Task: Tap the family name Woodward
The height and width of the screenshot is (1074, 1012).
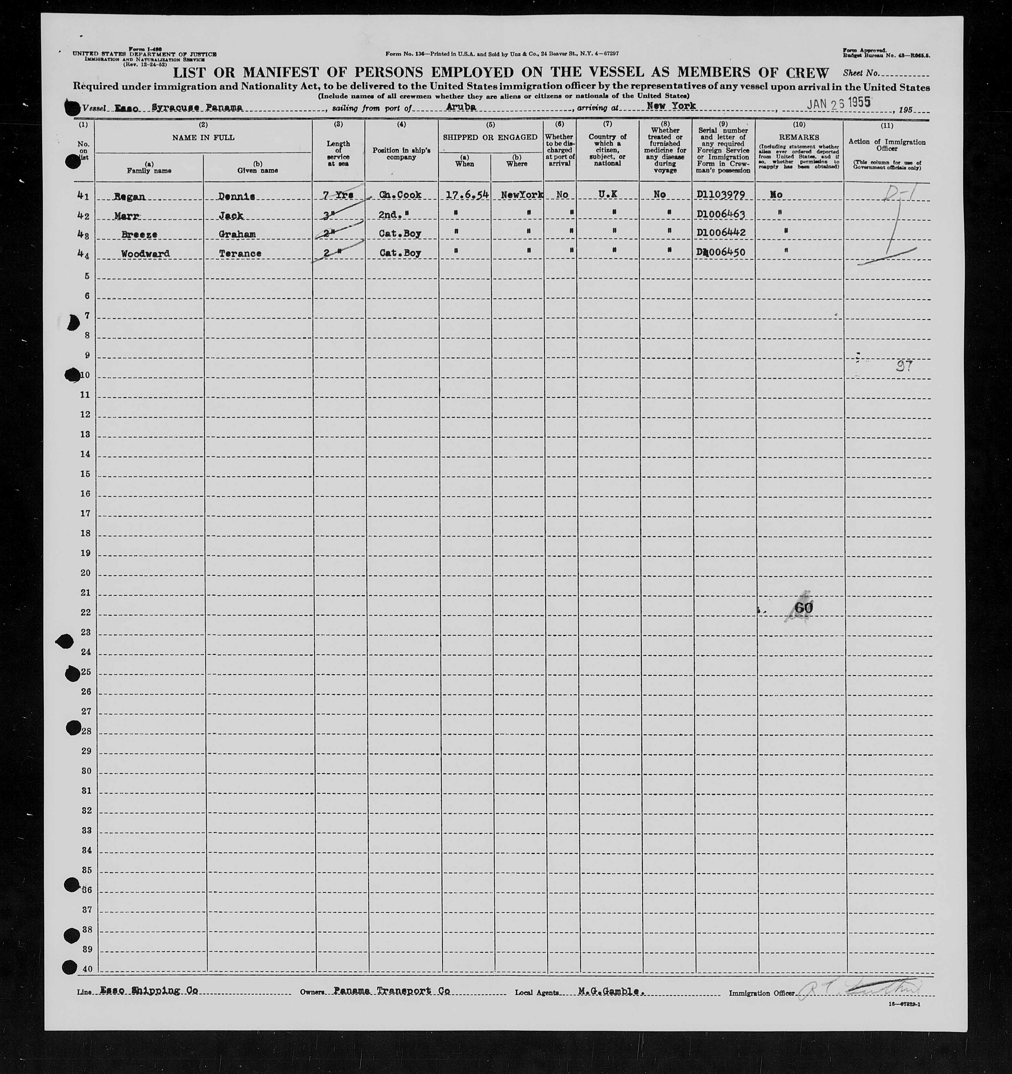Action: pos(145,253)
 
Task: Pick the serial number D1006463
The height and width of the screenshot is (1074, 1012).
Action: pos(721,214)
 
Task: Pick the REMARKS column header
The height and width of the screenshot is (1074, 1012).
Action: pos(798,138)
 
